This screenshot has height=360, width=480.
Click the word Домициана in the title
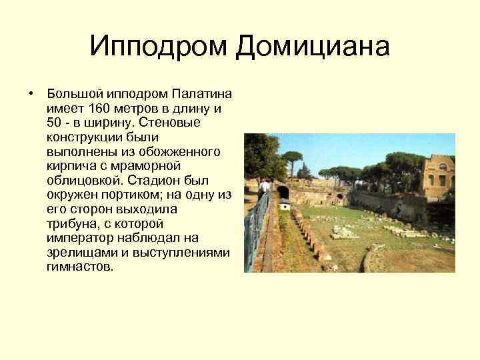point(311,47)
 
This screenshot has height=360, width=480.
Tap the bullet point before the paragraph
point(31,93)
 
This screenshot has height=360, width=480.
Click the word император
point(77,238)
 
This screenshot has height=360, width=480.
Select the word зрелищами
point(79,253)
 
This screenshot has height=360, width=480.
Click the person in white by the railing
point(265,187)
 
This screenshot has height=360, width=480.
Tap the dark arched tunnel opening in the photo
point(283,193)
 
